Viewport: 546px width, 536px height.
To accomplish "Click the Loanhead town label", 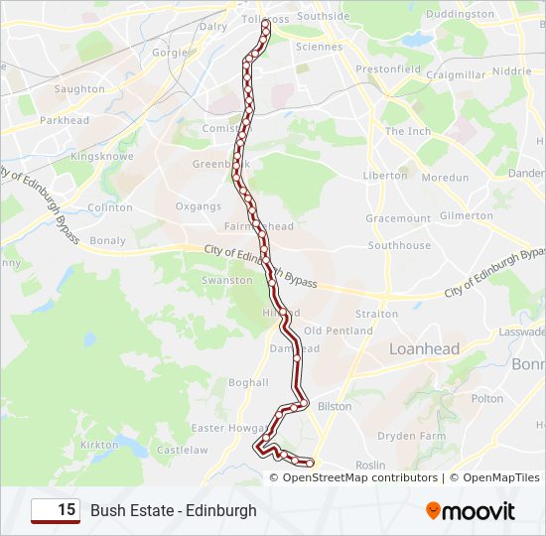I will pos(425,348).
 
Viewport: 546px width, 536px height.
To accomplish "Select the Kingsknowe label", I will pos(95,157).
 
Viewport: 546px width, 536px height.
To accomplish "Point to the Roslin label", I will pos(369,465).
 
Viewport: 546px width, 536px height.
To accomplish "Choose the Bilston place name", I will pos(335,406).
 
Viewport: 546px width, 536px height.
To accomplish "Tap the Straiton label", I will pos(377,314).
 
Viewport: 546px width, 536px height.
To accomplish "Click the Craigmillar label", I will pos(455,74).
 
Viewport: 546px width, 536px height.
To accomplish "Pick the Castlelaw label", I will pos(182,450).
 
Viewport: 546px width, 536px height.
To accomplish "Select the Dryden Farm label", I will pos(411,436).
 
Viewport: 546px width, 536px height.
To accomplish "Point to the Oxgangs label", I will pos(199,206).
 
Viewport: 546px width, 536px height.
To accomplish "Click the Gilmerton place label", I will pos(466,215).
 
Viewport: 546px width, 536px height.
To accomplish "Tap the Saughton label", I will pos(79,89).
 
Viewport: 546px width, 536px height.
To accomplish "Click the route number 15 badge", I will pos(56,510).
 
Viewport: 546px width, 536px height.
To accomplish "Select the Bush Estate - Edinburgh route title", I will pos(174,510).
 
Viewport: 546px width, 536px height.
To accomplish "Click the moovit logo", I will pos(471,511).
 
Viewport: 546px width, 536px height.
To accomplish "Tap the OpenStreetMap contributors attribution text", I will pos(359,477).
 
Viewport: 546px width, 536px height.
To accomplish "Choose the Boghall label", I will pos(248,382).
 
